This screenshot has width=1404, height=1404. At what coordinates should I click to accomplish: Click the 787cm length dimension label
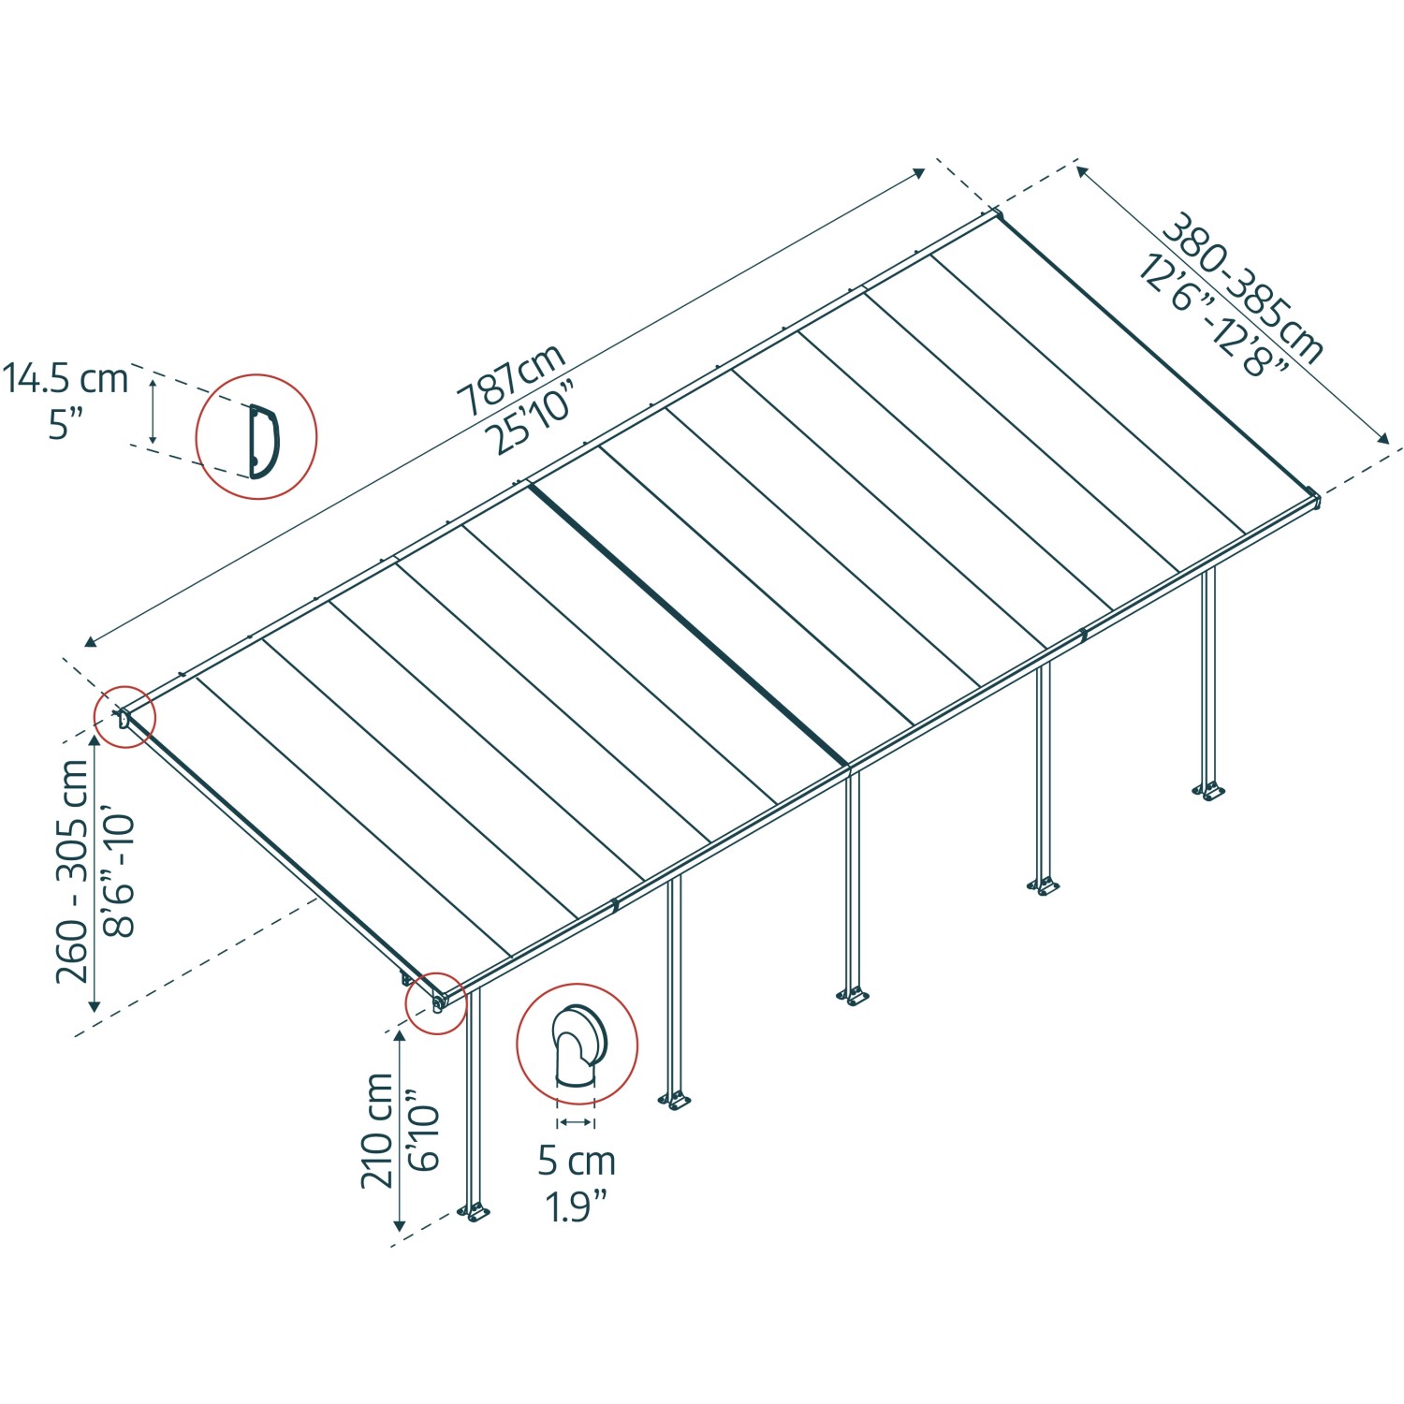pos(511,379)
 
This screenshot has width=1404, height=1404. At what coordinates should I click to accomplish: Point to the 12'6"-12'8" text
pos(1213,314)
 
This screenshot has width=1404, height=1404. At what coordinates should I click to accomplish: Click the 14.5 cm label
pos(65,379)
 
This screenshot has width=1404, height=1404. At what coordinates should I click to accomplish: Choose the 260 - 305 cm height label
pos(72,870)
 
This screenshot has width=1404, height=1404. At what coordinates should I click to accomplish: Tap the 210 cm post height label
pos(377,1131)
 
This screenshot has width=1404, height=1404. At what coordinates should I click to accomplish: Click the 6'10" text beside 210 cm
pos(423,1130)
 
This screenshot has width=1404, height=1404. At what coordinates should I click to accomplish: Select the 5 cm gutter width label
pos(577,1161)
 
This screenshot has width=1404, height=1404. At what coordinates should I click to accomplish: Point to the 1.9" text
pos(577,1207)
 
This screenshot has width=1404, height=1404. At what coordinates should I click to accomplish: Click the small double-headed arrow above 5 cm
pos(576,1121)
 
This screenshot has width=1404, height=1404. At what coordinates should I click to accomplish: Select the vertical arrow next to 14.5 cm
pos(154,410)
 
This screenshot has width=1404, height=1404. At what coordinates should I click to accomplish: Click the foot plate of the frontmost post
pos(475,1212)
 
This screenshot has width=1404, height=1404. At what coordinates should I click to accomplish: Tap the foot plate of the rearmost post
pos(1208,792)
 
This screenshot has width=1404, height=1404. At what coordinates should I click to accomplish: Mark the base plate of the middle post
pos(853,998)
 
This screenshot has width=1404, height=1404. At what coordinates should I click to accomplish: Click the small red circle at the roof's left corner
pos(124,718)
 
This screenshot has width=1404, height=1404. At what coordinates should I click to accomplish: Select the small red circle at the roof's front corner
pos(436,1002)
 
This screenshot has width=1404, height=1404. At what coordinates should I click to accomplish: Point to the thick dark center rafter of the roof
pos(688,623)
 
